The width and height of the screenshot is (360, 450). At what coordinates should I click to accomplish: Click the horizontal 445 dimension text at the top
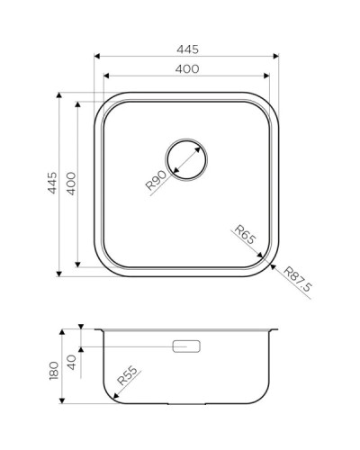tap(186, 49)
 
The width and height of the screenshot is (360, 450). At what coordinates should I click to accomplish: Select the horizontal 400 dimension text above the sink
tap(187, 69)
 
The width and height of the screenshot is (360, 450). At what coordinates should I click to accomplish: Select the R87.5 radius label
tap(296, 280)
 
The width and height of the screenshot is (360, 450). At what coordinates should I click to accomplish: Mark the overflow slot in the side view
tap(187, 345)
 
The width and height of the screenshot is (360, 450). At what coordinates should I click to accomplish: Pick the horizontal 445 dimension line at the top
tap(186, 58)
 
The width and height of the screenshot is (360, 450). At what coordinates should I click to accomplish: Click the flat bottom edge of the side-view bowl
tap(187, 401)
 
